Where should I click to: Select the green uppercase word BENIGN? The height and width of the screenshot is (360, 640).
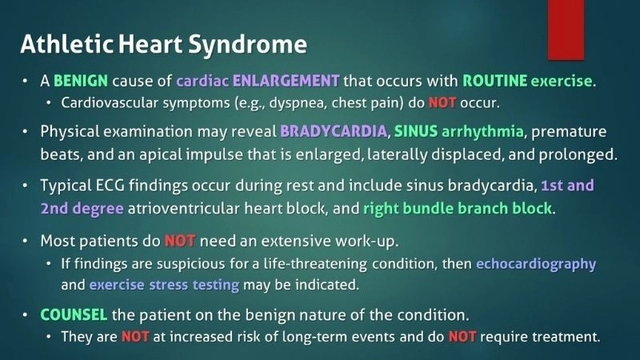[82, 82]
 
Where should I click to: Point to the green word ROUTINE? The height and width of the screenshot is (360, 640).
[494, 82]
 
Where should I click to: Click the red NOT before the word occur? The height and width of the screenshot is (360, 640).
[442, 102]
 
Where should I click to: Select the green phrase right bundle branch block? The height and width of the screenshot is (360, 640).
[456, 208]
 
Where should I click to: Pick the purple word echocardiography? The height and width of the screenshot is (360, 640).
[536, 263]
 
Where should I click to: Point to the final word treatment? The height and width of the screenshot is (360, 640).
[568, 336]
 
